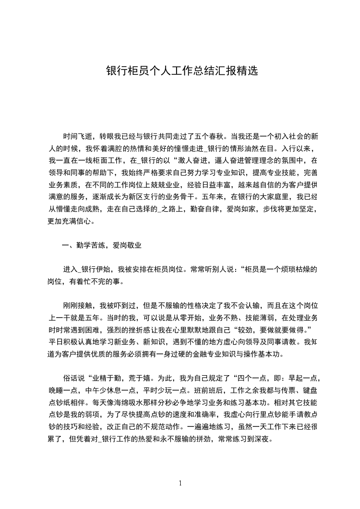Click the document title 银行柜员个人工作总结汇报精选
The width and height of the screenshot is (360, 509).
coord(182,71)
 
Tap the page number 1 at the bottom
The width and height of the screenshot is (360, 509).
coord(181,483)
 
